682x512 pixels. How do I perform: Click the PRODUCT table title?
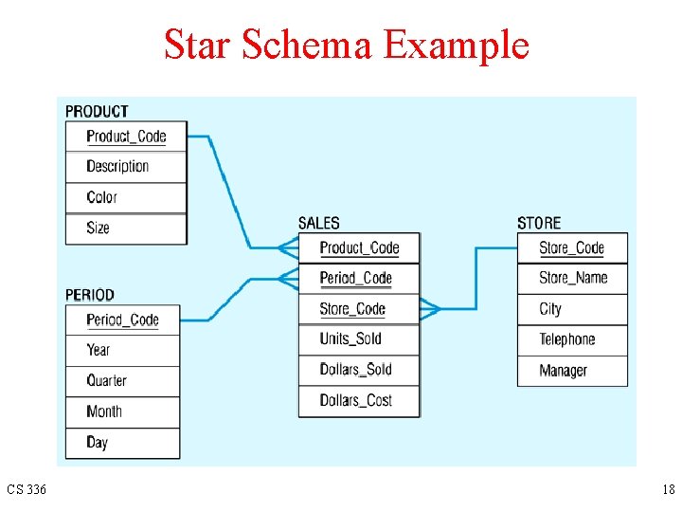tap(97, 112)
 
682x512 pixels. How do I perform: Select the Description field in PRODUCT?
tap(117, 166)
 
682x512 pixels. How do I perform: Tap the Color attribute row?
tap(101, 197)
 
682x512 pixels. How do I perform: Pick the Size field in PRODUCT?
tap(98, 228)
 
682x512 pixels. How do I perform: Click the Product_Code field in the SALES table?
tap(359, 248)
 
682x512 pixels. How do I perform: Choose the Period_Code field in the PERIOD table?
tap(122, 320)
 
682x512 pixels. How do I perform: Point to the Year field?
tap(99, 350)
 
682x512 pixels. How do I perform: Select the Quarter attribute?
tap(106, 380)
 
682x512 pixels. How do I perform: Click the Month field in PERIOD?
tap(104, 411)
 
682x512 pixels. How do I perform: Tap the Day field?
tap(97, 442)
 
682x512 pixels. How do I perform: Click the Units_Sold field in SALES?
tap(350, 338)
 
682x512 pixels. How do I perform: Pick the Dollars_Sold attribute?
tap(355, 369)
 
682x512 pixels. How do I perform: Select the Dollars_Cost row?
tap(355, 400)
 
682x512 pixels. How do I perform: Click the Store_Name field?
tap(573, 278)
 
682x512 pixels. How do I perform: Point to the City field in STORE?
tap(550, 308)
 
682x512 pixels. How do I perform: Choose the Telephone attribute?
tap(566, 339)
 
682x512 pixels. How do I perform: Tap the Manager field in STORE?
tap(563, 371)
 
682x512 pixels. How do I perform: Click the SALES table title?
tap(318, 224)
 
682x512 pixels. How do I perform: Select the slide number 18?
tap(668, 490)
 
